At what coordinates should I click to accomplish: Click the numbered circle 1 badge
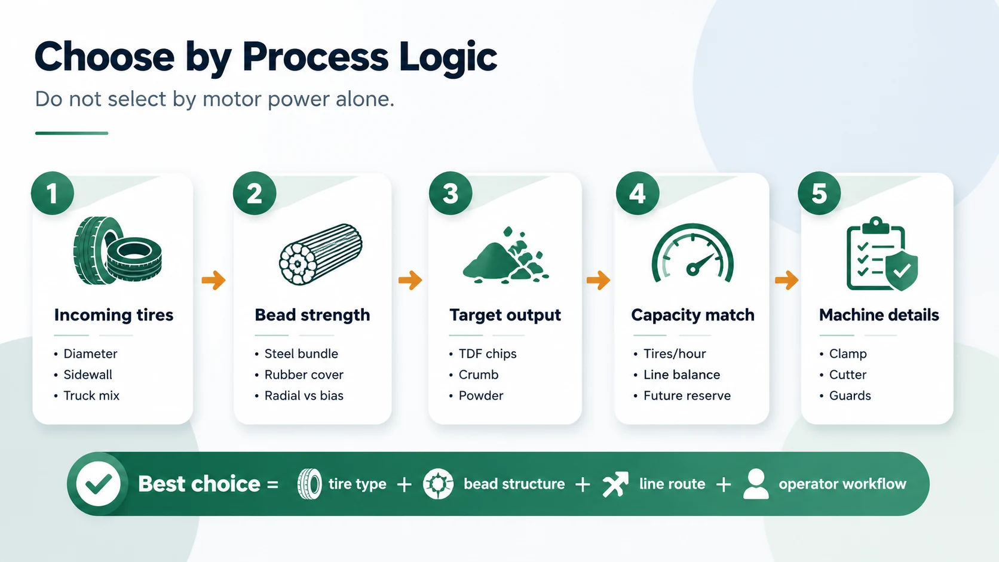[x=53, y=194]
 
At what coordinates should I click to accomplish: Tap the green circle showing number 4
[x=638, y=194]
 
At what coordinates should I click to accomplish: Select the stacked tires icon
[x=117, y=250]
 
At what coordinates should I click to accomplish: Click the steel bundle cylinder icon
[x=321, y=254]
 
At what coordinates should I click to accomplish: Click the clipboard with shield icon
[x=882, y=253]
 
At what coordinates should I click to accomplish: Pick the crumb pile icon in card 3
[x=505, y=256]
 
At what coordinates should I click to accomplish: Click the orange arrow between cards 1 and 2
[x=214, y=280]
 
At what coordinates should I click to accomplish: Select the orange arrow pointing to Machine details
[x=787, y=280]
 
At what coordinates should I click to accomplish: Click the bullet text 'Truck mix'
[x=91, y=396]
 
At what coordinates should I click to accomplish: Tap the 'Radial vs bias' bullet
[x=304, y=396]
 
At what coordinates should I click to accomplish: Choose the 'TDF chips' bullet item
[x=488, y=354]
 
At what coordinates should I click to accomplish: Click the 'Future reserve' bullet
[x=687, y=396]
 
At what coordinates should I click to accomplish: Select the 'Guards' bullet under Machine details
[x=850, y=396]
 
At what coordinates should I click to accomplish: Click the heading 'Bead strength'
[x=312, y=315]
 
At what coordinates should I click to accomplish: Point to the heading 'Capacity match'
[x=692, y=315]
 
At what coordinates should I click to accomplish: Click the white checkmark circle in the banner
[x=98, y=484]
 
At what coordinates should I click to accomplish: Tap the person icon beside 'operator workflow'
[x=756, y=484]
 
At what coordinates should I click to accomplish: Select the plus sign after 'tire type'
[x=404, y=484]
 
